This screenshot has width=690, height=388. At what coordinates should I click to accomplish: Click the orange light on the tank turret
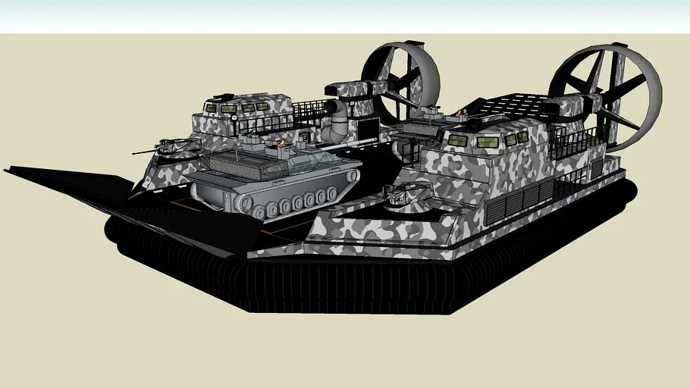[x=282, y=142]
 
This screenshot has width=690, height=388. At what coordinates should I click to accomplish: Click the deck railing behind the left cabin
[x=307, y=114]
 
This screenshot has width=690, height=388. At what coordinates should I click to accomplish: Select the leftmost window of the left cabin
[x=210, y=108]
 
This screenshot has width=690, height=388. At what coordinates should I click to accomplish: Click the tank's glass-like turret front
[x=318, y=161]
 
